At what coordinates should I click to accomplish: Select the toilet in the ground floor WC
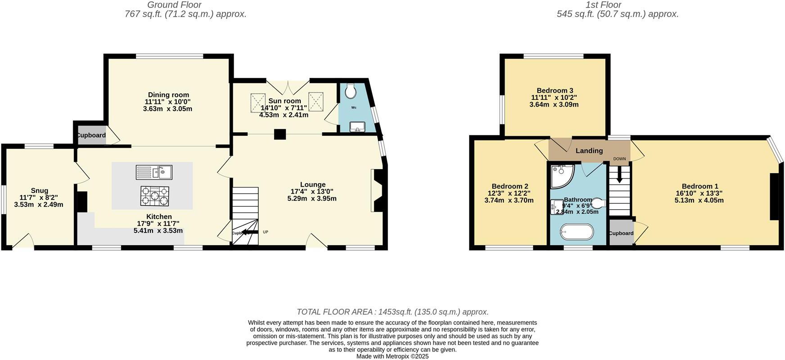(350, 92)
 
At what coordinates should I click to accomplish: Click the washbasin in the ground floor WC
(358, 126)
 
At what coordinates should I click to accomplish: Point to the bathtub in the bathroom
(577, 233)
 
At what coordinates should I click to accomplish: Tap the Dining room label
(167, 95)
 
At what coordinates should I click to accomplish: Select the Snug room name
(40, 191)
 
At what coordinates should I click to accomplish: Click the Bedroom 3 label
(555, 90)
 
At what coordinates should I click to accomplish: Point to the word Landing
(589, 151)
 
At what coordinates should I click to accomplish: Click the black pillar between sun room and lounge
(280, 134)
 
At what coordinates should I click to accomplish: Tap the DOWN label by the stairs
(619, 159)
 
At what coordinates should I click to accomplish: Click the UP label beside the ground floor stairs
(266, 232)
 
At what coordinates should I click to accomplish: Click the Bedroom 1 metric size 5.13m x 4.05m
(699, 200)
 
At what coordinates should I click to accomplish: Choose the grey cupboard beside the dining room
(91, 135)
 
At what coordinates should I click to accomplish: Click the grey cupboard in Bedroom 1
(621, 233)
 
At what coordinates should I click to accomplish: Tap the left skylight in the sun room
(257, 101)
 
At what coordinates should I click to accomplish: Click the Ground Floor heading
(175, 5)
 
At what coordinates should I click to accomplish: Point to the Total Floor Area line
(392, 312)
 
